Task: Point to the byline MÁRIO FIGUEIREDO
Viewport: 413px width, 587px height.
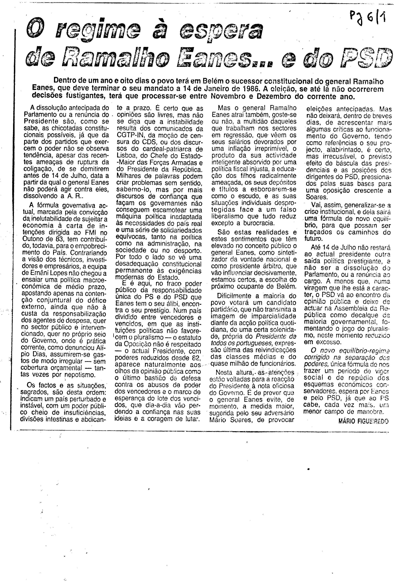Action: pos(363,422)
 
